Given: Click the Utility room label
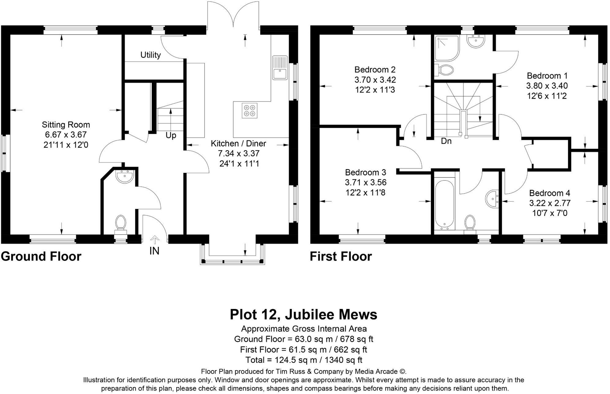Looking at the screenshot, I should [150, 55].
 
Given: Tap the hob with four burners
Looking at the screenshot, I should [249, 110].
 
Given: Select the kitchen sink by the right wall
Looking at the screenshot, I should [280, 68].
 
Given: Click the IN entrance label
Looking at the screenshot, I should [154, 251].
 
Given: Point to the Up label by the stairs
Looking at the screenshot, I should [171, 136].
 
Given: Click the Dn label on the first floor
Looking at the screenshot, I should [446, 141].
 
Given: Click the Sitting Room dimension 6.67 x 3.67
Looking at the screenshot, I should [66, 135].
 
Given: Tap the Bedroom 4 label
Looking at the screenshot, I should [550, 193].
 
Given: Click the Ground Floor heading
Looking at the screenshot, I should [41, 256].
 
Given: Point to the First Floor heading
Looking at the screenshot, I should [341, 256].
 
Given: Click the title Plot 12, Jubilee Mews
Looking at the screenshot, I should [303, 314].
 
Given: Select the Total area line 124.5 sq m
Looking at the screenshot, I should [303, 360].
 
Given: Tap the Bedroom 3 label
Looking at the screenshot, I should [365, 173].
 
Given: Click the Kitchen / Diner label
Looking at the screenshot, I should [238, 143].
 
